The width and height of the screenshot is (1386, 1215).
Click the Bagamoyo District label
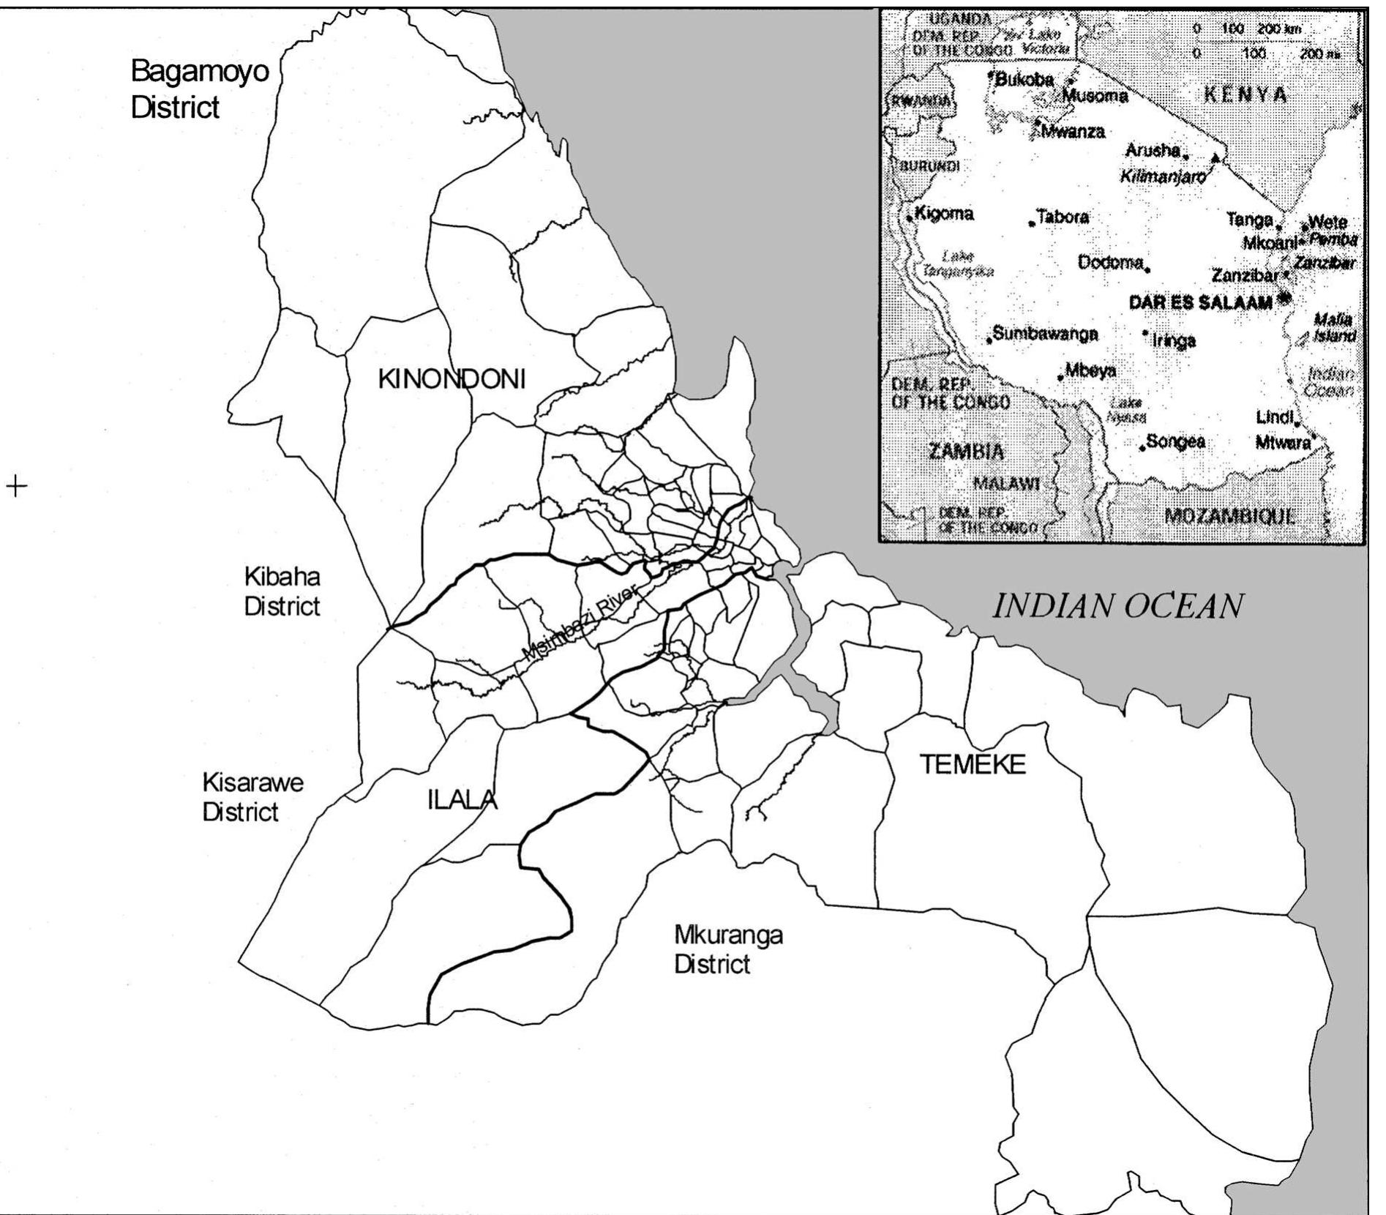click(x=199, y=89)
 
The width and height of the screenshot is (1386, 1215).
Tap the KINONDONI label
click(x=452, y=379)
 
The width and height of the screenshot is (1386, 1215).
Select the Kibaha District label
click(x=282, y=591)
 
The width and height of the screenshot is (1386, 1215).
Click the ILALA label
click(x=462, y=801)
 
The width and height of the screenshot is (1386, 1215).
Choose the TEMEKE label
click(x=973, y=766)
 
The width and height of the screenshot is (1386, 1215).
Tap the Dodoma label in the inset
click(x=1110, y=262)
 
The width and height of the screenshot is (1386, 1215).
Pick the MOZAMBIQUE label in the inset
click(x=1229, y=515)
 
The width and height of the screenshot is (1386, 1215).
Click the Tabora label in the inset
click(x=1062, y=217)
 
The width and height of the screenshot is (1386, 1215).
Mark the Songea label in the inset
click(x=1175, y=441)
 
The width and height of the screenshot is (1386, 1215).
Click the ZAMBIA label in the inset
click(x=966, y=451)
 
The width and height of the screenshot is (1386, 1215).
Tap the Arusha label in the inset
click(x=1153, y=151)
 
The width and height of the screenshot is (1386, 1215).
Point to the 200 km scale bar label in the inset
click(x=1278, y=29)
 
